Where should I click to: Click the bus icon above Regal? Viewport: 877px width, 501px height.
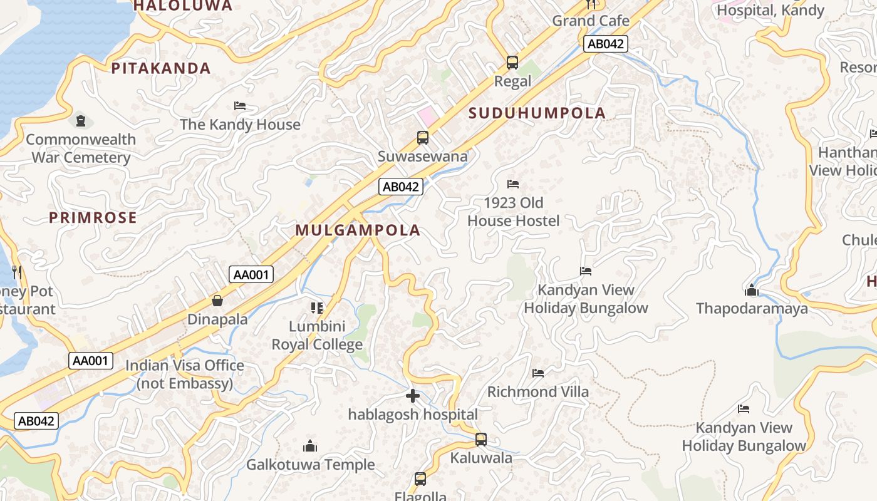(x=512, y=63)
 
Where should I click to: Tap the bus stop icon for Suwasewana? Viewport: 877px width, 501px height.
(x=423, y=138)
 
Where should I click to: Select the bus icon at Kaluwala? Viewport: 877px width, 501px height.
(x=481, y=440)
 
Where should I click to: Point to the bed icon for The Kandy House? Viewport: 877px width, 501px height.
(x=240, y=106)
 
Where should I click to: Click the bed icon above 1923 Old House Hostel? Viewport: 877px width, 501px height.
(x=513, y=184)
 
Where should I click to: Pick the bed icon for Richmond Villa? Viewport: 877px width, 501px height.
(x=538, y=373)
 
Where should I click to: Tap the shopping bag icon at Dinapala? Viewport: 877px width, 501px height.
(x=217, y=301)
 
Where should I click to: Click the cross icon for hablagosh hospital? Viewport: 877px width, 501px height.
(x=413, y=396)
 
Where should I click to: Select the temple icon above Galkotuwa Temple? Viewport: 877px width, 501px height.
(x=310, y=446)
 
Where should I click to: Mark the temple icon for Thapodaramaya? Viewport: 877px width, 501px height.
(x=752, y=290)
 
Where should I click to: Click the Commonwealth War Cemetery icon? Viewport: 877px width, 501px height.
(x=80, y=120)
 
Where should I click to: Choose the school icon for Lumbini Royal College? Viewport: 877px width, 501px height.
(x=317, y=307)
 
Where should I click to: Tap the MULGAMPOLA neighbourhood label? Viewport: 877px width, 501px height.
(x=358, y=230)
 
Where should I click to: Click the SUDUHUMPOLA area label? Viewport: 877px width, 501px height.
(x=537, y=113)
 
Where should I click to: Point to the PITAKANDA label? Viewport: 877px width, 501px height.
(x=161, y=68)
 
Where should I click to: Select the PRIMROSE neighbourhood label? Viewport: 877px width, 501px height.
(x=93, y=217)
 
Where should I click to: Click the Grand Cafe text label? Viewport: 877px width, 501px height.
(x=591, y=21)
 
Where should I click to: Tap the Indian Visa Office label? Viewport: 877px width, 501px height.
(x=185, y=374)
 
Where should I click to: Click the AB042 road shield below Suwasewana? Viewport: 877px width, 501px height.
(x=401, y=187)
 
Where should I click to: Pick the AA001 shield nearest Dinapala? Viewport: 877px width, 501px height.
(x=251, y=274)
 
